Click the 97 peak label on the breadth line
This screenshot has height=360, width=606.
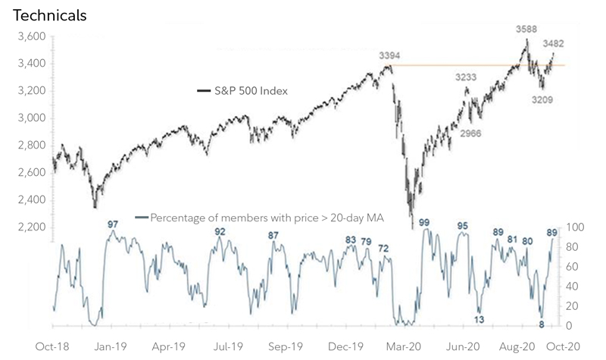tap(114, 224)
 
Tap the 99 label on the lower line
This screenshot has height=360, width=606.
tap(424, 223)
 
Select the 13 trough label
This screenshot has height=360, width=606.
tap(479, 319)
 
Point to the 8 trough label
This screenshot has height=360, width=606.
tap(542, 324)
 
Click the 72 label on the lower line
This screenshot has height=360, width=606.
tap(384, 248)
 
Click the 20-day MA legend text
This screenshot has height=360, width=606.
tap(267, 218)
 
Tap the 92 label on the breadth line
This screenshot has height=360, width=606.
tap(220, 232)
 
